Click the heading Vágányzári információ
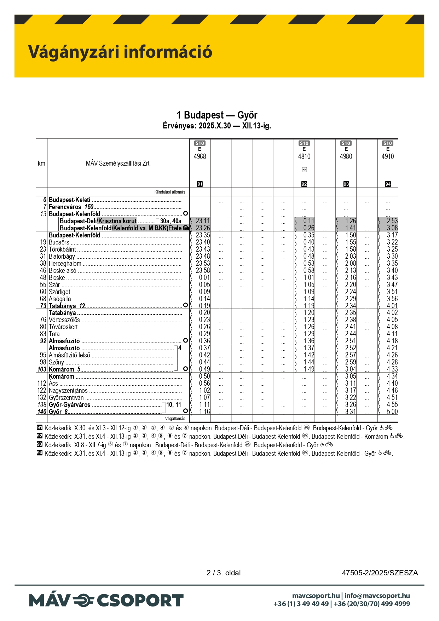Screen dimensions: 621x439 [120, 52]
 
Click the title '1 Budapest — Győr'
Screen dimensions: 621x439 [217, 115]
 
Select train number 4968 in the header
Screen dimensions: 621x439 [200, 156]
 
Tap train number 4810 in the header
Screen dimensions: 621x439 [304, 156]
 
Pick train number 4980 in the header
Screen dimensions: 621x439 [346, 156]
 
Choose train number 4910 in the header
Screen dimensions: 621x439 [388, 156]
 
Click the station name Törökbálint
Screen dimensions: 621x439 [62, 249]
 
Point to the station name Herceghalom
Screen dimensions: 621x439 [65, 264]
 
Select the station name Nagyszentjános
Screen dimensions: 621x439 [68, 391]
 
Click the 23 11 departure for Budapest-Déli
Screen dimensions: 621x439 [203, 221]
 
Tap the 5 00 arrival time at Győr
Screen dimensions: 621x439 [392, 412]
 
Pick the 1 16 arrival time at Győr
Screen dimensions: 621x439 [204, 412]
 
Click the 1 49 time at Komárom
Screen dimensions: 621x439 [309, 369]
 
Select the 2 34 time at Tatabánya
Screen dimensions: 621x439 [351, 306]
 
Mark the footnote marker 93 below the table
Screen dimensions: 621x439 [40, 445]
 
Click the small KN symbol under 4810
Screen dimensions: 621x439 [304, 170]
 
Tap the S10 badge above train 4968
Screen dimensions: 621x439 [200, 143]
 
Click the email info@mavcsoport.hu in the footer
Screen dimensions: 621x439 [377, 596]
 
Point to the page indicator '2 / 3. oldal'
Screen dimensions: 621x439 [224, 573]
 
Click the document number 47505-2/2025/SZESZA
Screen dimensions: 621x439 [380, 573]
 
